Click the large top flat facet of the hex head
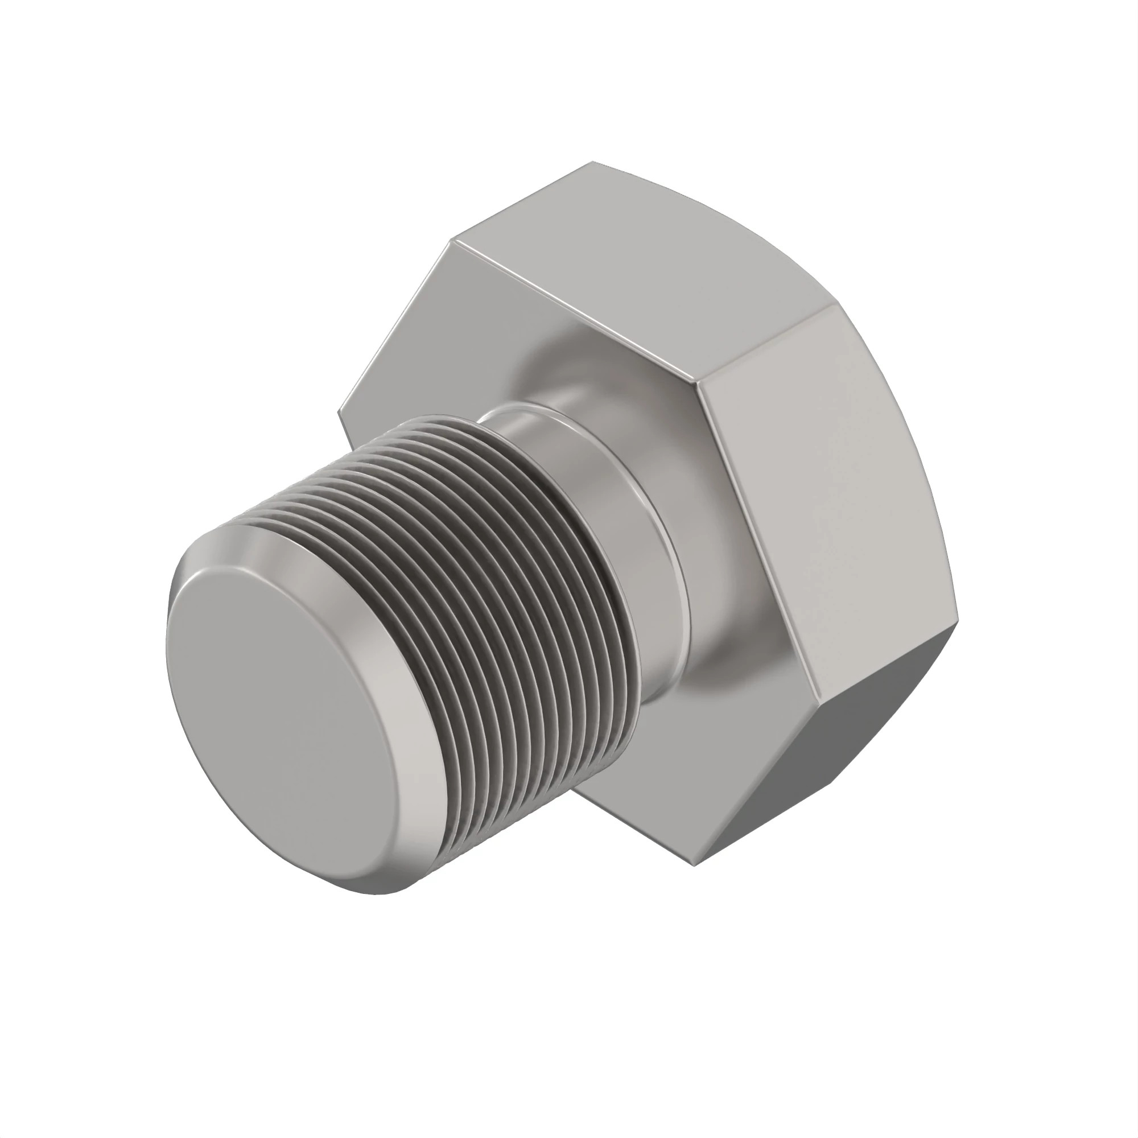pyautogui.click(x=648, y=265)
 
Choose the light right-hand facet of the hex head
pyautogui.click(x=824, y=501)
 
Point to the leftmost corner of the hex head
pyautogui.click(x=337, y=413)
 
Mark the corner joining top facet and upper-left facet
pyautogui.click(x=451, y=240)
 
